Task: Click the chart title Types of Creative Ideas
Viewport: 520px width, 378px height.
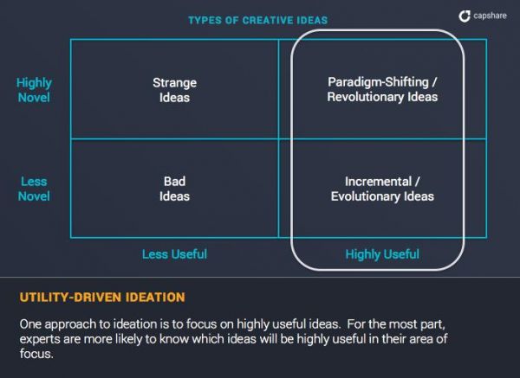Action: pyautogui.click(x=258, y=20)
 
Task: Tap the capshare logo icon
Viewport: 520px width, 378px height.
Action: pyautogui.click(x=465, y=16)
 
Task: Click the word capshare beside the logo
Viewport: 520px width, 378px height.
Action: pyautogui.click(x=490, y=16)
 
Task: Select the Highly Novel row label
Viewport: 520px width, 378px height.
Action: pyautogui.click(x=34, y=90)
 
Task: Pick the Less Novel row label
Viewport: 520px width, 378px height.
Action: pyautogui.click(x=34, y=189)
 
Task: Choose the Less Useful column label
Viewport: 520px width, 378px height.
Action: pyautogui.click(x=174, y=254)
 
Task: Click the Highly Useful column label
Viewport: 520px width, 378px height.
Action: pyautogui.click(x=382, y=254)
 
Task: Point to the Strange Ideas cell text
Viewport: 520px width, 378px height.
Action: pyautogui.click(x=174, y=90)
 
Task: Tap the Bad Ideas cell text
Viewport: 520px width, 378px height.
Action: pyautogui.click(x=174, y=189)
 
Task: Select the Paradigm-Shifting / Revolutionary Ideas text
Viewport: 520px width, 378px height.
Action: pyautogui.click(x=382, y=89)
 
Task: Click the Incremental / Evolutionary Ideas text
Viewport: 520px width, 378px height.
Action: pyautogui.click(x=382, y=189)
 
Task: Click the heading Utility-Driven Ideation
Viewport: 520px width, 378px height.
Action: pyautogui.click(x=102, y=298)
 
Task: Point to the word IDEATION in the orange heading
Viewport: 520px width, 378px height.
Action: pyautogui.click(x=155, y=298)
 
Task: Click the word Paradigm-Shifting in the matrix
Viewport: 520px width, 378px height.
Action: pyautogui.click(x=378, y=82)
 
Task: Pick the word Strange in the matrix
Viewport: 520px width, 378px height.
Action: pyautogui.click(x=174, y=83)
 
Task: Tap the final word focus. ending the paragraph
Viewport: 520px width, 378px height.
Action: pyautogui.click(x=36, y=354)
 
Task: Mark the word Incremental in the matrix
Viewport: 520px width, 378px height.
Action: pyautogui.click(x=378, y=182)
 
